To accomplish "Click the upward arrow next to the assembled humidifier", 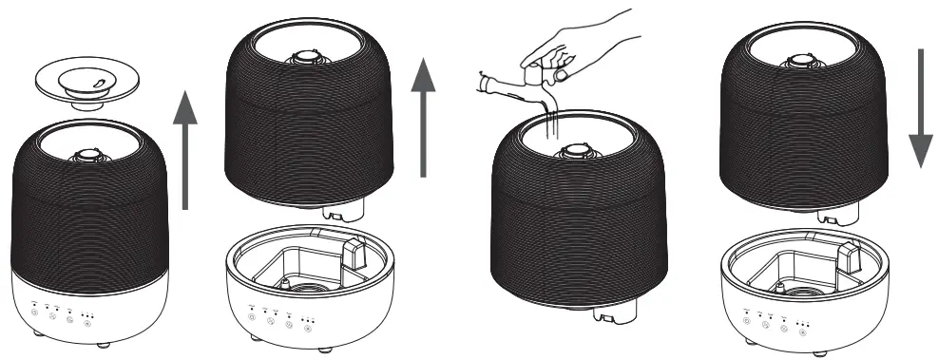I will [x=188, y=148].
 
